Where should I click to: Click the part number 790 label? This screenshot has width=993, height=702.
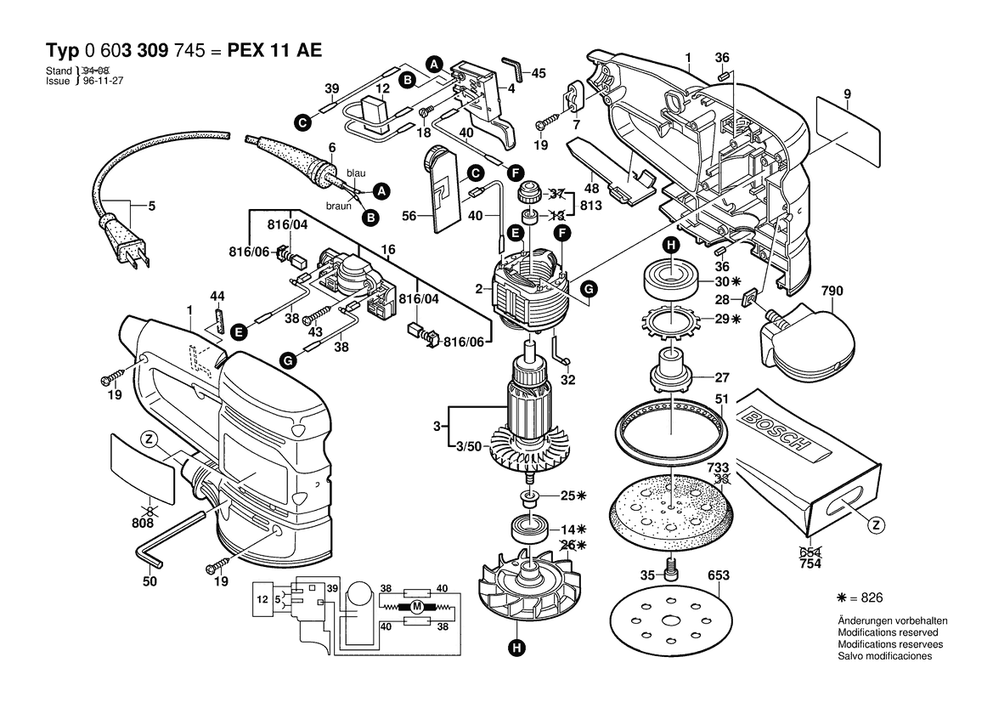tap(832, 291)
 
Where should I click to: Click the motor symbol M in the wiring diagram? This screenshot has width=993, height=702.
tap(416, 607)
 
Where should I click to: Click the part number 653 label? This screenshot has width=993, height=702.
tap(719, 575)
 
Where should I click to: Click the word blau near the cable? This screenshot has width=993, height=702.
tap(356, 173)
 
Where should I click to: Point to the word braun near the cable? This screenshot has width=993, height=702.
tap(339, 206)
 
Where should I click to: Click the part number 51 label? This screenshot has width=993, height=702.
tap(722, 399)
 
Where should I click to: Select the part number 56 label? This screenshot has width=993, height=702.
tap(409, 216)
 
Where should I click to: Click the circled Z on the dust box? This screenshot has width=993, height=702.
tap(877, 525)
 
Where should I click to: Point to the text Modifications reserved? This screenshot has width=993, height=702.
tap(888, 632)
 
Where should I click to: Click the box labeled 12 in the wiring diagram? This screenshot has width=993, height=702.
tap(262, 598)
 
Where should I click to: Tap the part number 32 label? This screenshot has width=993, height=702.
tap(568, 380)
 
